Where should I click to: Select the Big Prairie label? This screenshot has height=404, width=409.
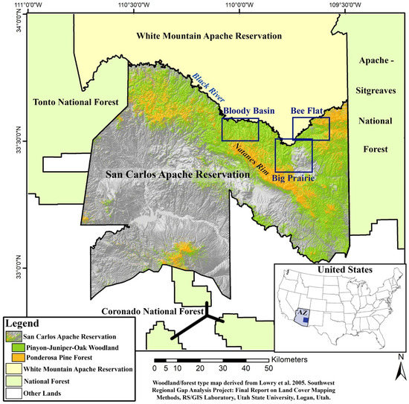click(x=293, y=178)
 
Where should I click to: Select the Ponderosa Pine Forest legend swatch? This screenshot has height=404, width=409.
click(x=15, y=358)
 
